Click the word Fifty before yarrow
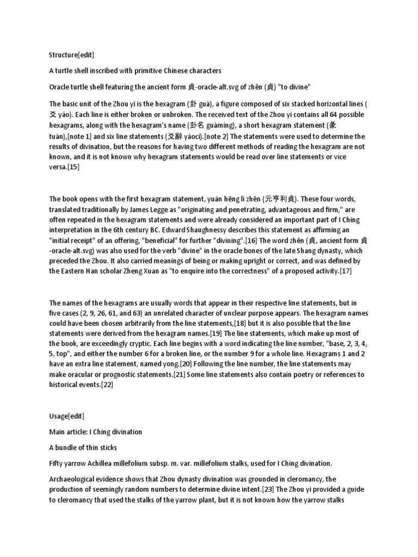click(x=56, y=463)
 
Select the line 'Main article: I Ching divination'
click(x=95, y=432)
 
